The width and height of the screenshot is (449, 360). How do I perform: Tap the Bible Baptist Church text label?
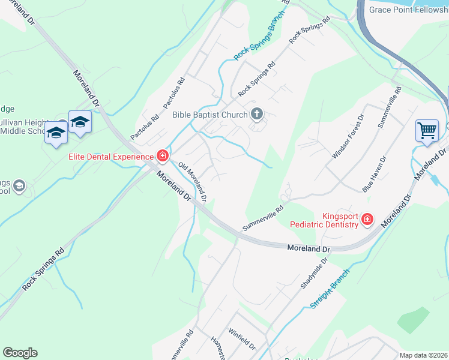[x=209, y=115]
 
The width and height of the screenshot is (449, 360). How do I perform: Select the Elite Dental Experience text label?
[x=110, y=157]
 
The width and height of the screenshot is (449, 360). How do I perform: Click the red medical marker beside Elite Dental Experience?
[x=162, y=157]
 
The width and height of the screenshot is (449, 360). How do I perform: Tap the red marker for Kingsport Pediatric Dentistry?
[x=367, y=220]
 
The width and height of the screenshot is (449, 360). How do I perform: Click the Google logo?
[x=20, y=353]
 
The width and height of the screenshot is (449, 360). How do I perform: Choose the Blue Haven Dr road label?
[x=374, y=174]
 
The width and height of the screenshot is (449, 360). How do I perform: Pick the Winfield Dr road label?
[x=242, y=339]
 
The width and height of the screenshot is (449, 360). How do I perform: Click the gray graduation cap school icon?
[x=19, y=186]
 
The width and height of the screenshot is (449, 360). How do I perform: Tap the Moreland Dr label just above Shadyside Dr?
[x=309, y=248]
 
